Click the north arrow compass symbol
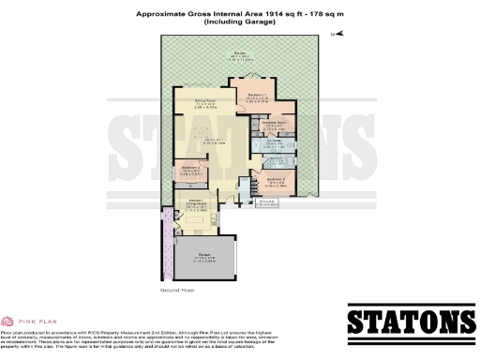pos(339,35)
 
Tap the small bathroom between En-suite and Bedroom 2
pos(278,158)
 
